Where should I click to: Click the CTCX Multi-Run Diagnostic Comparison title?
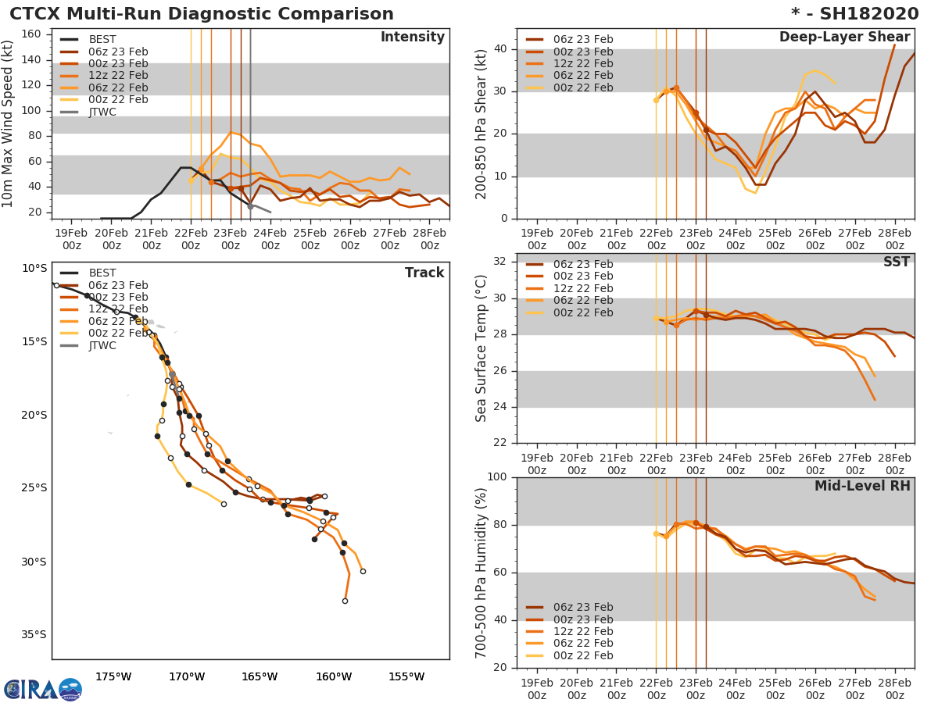(x=202, y=14)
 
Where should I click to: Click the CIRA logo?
(x=42, y=689)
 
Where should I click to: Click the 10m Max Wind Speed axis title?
(x=9, y=123)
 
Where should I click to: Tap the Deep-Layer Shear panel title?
(x=844, y=37)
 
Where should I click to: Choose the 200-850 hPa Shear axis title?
(x=482, y=123)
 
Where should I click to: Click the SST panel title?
(x=896, y=262)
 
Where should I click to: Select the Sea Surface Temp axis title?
(x=482, y=348)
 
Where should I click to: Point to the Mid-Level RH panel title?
(x=862, y=486)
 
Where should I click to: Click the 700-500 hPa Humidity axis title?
(x=482, y=573)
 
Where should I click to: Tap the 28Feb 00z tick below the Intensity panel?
(x=430, y=238)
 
